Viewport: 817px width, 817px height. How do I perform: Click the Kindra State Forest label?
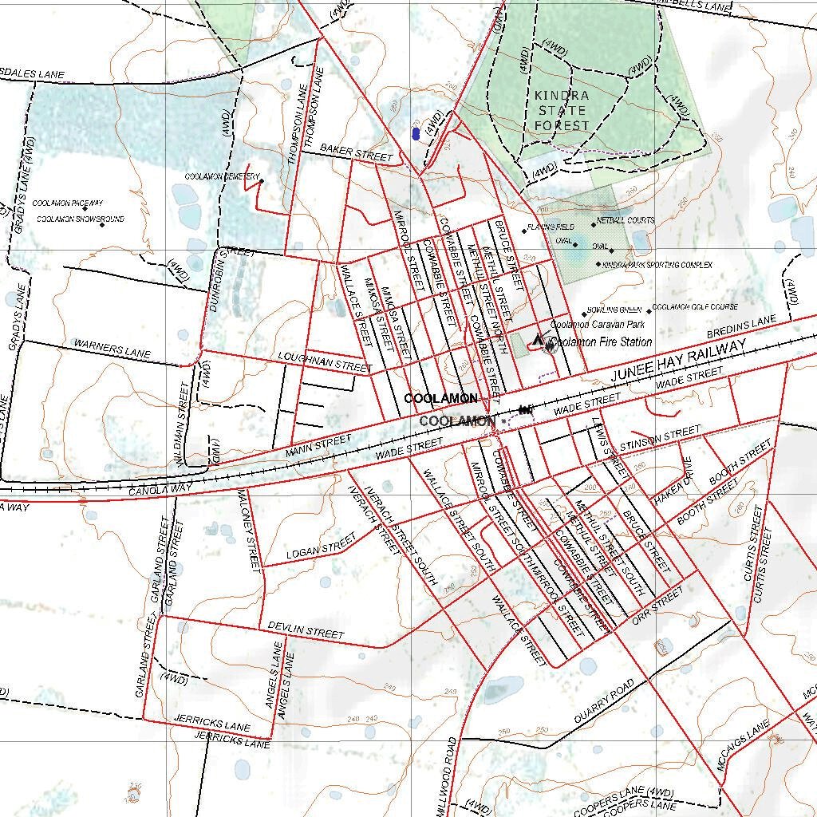[562, 110]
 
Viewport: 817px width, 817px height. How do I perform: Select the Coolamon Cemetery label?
[222, 176]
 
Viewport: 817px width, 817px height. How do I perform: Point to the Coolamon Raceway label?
[68, 204]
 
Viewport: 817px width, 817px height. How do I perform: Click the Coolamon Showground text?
[80, 219]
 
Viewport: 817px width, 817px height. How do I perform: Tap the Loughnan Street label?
[326, 361]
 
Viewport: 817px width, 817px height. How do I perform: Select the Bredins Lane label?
[742, 326]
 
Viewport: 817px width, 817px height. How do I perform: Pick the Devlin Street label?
[306, 630]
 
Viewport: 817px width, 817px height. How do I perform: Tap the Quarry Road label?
[604, 702]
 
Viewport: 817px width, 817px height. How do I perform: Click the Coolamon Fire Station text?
[601, 341]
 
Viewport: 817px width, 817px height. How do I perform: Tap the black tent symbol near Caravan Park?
[538, 341]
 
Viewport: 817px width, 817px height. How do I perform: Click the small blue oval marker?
[416, 133]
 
